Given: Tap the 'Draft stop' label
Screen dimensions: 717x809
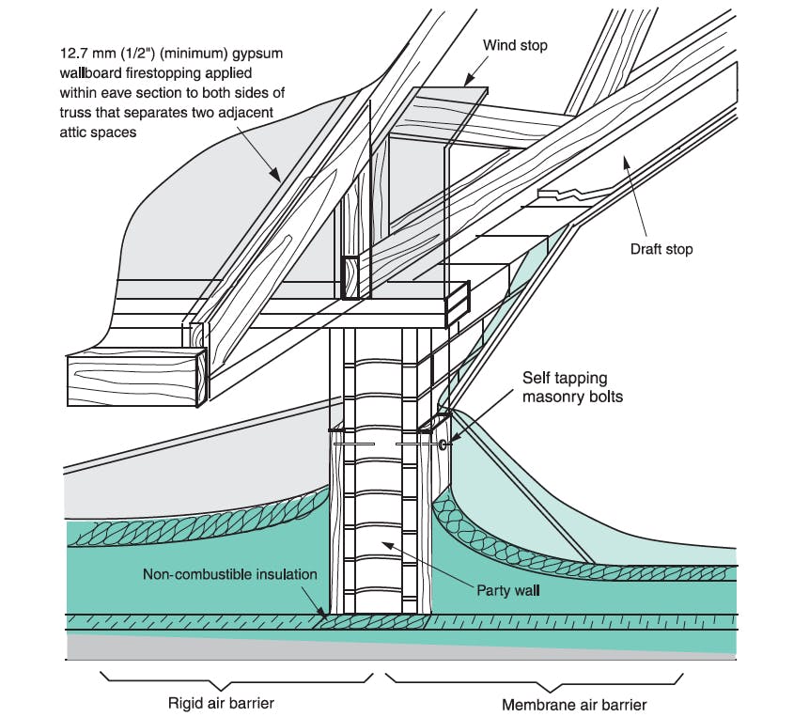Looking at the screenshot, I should tap(667, 250).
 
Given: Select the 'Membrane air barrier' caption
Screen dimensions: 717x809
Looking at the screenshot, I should tap(574, 702).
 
